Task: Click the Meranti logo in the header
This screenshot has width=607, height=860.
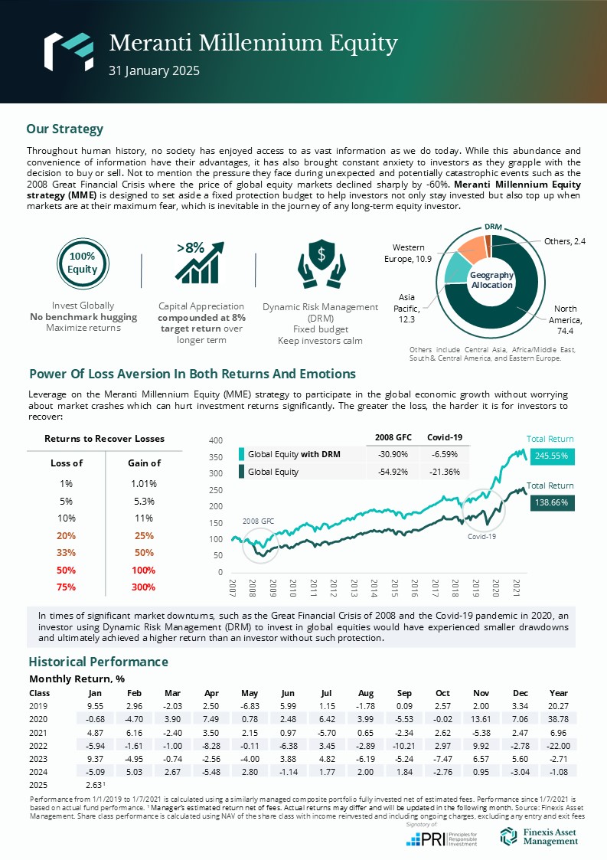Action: click(67, 51)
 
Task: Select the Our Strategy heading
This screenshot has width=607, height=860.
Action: click(64, 129)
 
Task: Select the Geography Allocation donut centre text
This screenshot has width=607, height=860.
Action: click(491, 280)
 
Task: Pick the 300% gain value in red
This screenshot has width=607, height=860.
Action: click(144, 587)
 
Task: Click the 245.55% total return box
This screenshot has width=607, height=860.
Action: click(550, 455)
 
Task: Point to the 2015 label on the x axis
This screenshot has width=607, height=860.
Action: click(394, 587)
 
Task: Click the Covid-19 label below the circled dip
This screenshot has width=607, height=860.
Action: click(482, 537)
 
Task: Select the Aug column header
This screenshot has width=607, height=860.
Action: click(366, 692)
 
